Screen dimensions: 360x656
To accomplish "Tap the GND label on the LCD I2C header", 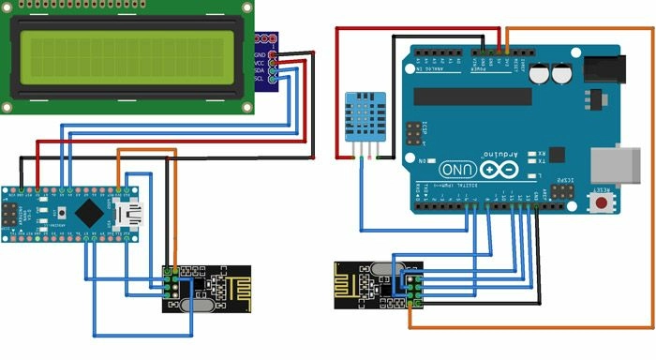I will pyautogui.click(x=261, y=55).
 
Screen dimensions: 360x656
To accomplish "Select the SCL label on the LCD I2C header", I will pyautogui.click(x=261, y=78).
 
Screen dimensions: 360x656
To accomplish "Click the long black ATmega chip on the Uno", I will pyautogui.click(x=473, y=96).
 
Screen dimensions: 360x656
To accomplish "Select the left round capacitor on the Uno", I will pyautogui.click(x=542, y=74).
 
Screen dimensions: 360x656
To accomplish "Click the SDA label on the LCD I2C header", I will pyautogui.click(x=261, y=70).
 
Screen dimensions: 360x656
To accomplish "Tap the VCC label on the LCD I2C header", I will pyautogui.click(x=261, y=63).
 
